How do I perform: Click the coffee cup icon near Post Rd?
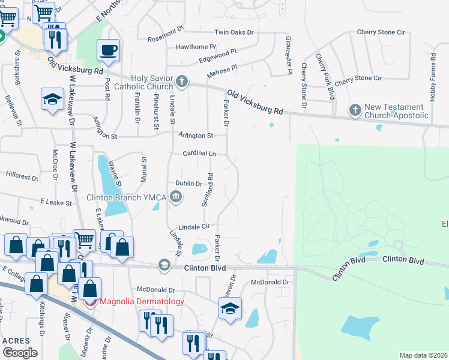pyautogui.click(x=108, y=50)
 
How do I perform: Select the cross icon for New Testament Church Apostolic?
pyautogui.click(x=355, y=110)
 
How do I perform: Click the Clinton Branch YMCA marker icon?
pyautogui.click(x=176, y=196)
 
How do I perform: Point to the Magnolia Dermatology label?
pyautogui.click(x=142, y=301)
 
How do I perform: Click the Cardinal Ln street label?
pyautogui.click(x=199, y=154)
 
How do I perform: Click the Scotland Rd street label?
pyautogui.click(x=209, y=190)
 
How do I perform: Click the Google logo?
pyautogui.click(x=20, y=352)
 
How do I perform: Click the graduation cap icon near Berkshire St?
pyautogui.click(x=52, y=99)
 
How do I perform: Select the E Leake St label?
pyautogui.click(x=56, y=203)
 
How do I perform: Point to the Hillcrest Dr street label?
pyautogui.click(x=22, y=175)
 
